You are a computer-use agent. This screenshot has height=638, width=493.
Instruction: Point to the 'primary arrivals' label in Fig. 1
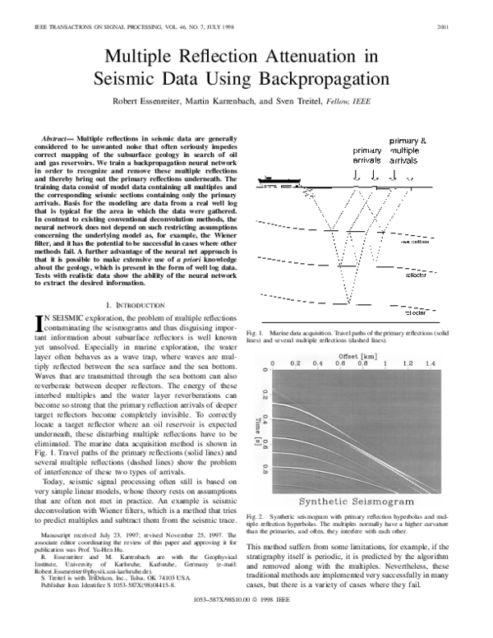point(349,156)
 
